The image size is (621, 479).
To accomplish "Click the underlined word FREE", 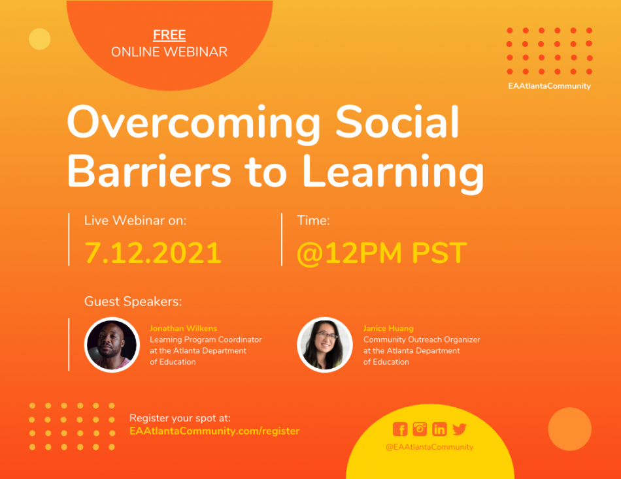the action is click(x=169, y=35).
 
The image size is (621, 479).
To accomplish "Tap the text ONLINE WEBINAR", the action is click(x=169, y=52).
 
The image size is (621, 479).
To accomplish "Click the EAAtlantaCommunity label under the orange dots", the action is click(x=549, y=86).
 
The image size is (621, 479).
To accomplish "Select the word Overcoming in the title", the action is click(x=193, y=123).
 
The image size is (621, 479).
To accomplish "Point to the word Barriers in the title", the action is click(x=149, y=170).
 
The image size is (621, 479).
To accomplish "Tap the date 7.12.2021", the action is click(x=153, y=253).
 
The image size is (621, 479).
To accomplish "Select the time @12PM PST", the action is click(x=382, y=253).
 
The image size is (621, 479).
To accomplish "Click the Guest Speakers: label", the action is click(x=133, y=301).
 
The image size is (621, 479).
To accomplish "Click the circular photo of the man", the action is click(x=112, y=345).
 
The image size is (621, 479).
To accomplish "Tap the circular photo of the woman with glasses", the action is click(x=325, y=345).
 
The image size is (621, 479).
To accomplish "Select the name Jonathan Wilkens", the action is click(x=184, y=328).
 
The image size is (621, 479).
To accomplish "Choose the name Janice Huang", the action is click(x=388, y=328).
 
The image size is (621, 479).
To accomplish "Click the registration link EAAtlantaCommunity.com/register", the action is click(x=214, y=431).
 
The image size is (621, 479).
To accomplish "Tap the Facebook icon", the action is click(x=400, y=429).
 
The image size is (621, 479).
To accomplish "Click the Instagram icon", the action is click(x=420, y=429).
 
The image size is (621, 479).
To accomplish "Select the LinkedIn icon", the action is click(x=439, y=429).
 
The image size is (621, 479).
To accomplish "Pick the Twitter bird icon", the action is click(x=460, y=429).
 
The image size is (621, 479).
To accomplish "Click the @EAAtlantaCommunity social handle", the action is click(x=429, y=447).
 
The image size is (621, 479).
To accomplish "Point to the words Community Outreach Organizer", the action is click(x=422, y=340).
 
